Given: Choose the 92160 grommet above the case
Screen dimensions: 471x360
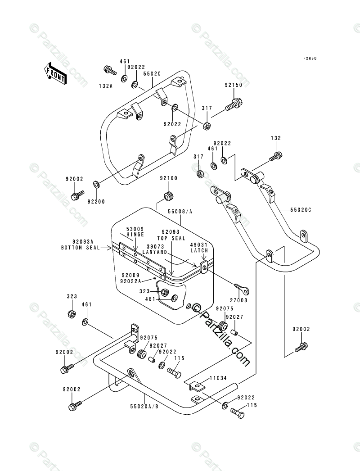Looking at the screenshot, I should click(x=169, y=196).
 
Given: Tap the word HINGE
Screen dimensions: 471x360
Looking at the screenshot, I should click(x=135, y=235).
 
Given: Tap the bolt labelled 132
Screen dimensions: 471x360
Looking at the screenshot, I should click(x=275, y=156).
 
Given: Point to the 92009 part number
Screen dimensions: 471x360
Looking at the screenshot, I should click(x=130, y=274).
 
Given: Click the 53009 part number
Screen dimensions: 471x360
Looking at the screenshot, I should click(x=135, y=229).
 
